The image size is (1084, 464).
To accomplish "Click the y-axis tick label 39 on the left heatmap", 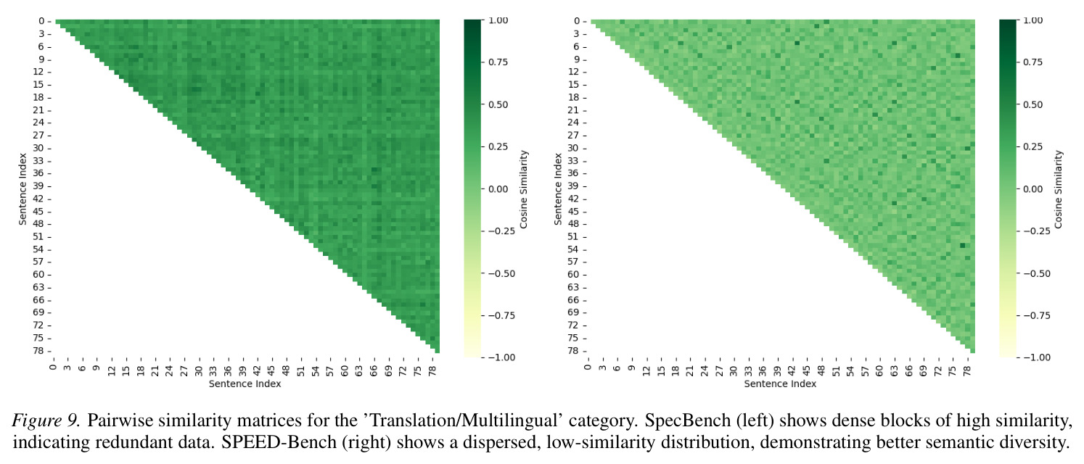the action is click(38, 186).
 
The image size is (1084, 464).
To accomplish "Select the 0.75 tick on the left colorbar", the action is click(498, 62).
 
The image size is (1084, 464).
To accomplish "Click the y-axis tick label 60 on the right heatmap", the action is click(573, 275).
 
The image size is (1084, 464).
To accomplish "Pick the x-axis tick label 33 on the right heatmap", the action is click(748, 370).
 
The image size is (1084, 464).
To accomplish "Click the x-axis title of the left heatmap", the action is click(245, 384).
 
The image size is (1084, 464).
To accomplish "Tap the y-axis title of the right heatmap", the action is click(558, 189).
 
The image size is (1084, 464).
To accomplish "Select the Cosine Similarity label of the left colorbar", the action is click(524, 189).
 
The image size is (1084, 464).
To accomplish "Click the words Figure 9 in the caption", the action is click(46, 420).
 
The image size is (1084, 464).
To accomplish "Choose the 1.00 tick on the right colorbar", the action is click(1034, 20).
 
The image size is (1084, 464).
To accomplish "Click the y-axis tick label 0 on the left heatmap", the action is click(41, 21).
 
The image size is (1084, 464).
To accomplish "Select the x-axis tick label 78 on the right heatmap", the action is click(967, 370).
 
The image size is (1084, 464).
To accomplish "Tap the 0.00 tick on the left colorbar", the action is click(498, 189).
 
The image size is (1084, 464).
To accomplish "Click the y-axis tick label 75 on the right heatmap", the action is click(573, 338).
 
